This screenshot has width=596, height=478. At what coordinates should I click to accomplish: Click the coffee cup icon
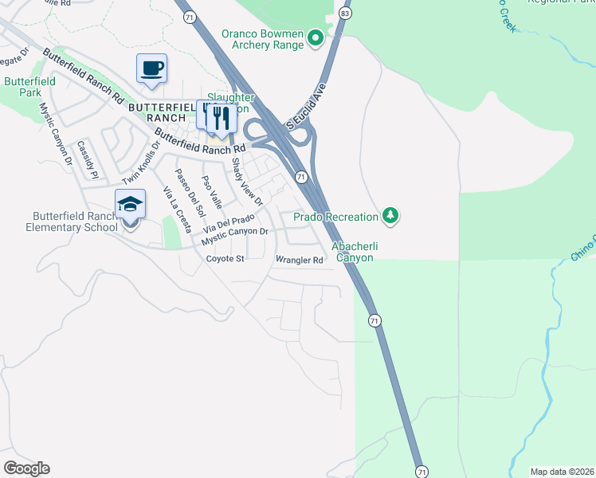click(151, 68)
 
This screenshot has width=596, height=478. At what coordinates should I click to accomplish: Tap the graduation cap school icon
click(130, 205)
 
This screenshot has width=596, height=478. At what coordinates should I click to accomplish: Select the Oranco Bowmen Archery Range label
click(263, 39)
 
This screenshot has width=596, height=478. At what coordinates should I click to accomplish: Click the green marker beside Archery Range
click(316, 37)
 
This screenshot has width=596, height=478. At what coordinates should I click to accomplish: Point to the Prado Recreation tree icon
click(390, 216)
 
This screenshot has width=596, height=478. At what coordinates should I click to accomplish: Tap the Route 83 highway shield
click(344, 14)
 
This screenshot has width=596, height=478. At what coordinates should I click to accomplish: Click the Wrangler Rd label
click(299, 260)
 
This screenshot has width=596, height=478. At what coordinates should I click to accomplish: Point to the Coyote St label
click(225, 259)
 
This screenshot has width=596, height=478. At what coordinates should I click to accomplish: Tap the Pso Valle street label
click(212, 188)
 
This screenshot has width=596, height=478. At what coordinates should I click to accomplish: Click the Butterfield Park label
click(29, 87)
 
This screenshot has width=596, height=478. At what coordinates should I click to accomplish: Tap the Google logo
click(26, 468)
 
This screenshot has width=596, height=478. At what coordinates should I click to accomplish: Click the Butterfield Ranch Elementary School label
click(76, 221)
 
